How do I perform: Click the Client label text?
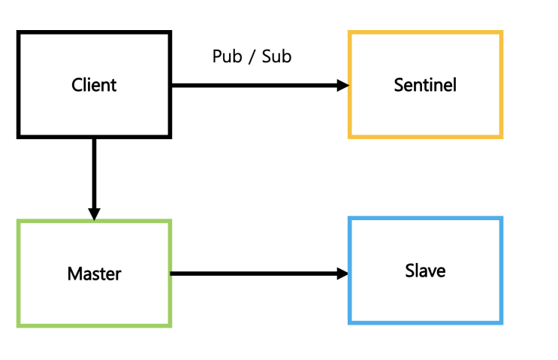coord(94,85)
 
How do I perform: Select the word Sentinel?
coord(425,85)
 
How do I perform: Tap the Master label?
coord(94,274)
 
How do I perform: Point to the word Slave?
coord(425,270)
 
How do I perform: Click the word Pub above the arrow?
coord(227,57)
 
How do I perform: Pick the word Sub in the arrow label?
coord(276,57)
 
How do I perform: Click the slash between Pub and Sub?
coord(251,57)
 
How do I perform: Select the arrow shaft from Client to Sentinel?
coord(255,85)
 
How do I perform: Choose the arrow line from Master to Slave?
coord(255,274)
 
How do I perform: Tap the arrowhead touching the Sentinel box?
coord(342,85)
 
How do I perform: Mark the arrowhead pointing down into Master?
coord(94,213)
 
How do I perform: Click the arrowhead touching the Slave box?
coord(342,274)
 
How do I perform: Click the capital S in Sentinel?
coord(399,85)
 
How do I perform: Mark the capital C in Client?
coord(77,85)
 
